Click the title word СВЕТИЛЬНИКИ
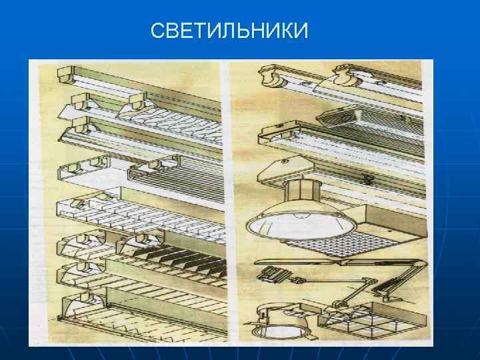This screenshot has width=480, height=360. pyautogui.click(x=229, y=31)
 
